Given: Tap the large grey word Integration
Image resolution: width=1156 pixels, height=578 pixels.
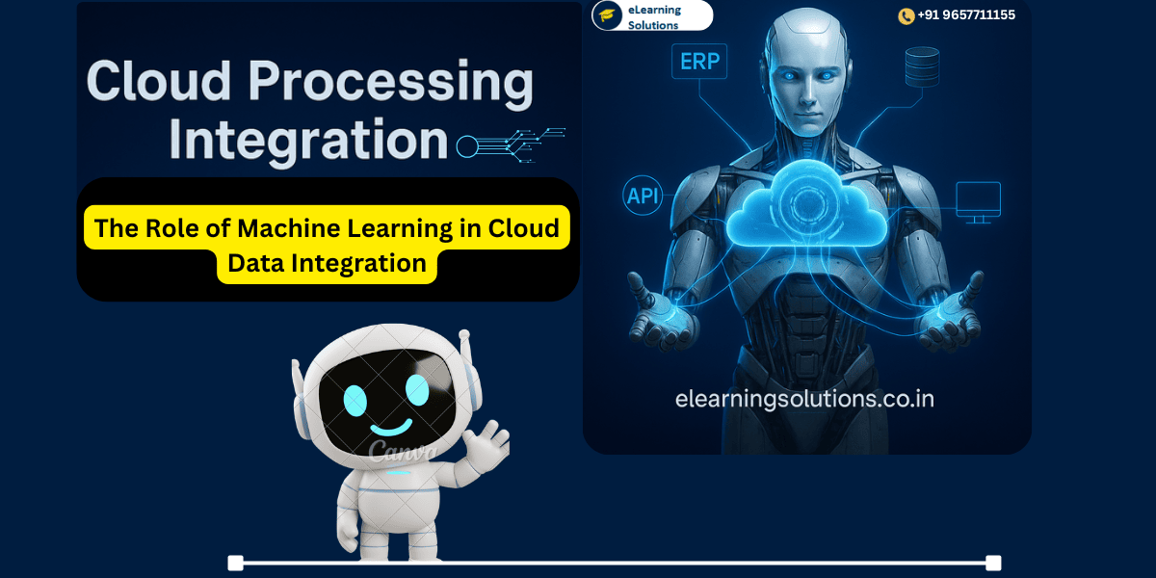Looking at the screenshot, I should click(308, 141).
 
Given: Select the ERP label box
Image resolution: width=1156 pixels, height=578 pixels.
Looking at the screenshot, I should click(700, 63).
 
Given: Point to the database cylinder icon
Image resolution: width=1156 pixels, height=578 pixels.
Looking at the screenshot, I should click(921, 66).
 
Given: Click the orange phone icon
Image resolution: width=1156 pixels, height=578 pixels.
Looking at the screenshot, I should click(906, 15).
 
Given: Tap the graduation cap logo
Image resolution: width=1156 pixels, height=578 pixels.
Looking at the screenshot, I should click(607, 15).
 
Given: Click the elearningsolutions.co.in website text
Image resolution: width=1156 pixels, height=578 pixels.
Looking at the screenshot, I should click(804, 398).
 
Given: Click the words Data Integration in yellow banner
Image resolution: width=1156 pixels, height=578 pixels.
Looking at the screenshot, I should click(327, 262).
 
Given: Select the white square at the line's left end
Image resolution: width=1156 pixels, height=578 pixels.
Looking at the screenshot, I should click(235, 563).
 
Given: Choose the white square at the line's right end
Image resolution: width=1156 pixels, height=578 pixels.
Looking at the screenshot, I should click(993, 563).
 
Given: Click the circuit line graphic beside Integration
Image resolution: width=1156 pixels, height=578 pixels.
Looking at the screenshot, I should click(511, 143).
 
